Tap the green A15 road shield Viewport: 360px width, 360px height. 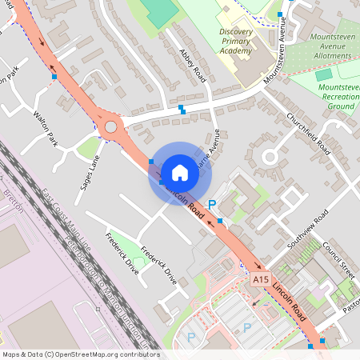259,279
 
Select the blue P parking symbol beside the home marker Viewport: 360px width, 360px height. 212,206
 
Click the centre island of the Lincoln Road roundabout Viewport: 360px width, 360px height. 110,126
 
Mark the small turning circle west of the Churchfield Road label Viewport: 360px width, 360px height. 270,157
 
